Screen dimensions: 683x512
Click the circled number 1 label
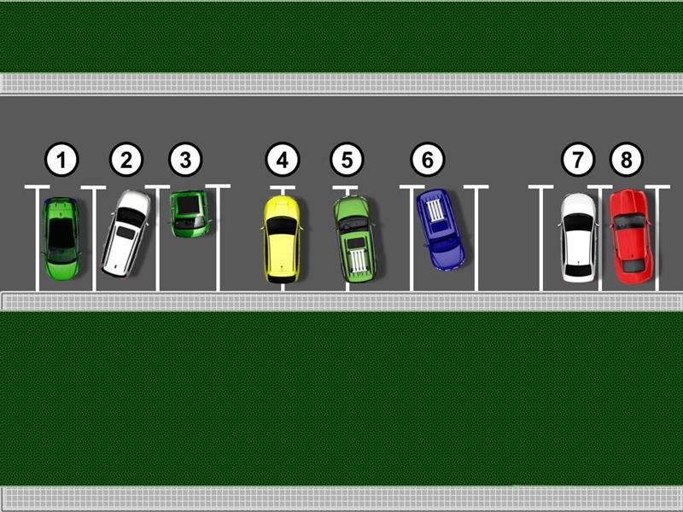(x=61, y=160)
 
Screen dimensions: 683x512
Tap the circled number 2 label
(x=126, y=160)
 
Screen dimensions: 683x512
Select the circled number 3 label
(x=185, y=160)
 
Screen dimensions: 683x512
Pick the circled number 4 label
(x=283, y=160)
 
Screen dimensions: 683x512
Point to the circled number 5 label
(x=347, y=160)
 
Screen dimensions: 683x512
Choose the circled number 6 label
(x=428, y=160)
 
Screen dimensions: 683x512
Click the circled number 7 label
(x=578, y=160)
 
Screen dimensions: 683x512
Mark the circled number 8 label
(x=627, y=160)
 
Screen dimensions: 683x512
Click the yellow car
(x=282, y=239)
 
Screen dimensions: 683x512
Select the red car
(x=631, y=236)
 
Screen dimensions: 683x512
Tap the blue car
(x=441, y=229)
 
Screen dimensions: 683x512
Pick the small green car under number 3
(x=189, y=214)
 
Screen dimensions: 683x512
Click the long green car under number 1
(x=61, y=238)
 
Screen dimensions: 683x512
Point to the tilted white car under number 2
(x=126, y=233)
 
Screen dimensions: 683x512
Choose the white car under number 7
(x=579, y=238)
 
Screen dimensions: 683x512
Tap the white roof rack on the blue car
(x=435, y=210)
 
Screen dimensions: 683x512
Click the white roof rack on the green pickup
(x=359, y=261)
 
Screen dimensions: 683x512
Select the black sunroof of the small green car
(x=188, y=205)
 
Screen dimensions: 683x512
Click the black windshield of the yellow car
(x=282, y=225)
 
